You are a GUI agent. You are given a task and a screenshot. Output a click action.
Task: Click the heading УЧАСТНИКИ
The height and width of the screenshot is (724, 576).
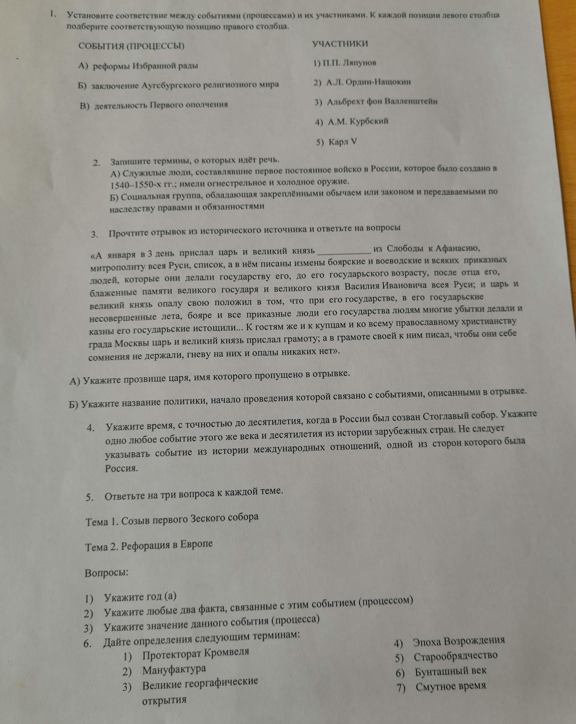[x=340, y=44]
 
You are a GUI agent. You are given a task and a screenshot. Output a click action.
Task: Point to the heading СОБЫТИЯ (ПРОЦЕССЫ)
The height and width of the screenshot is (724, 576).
[x=132, y=46]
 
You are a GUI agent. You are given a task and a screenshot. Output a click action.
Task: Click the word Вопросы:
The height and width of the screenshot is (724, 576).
[x=107, y=572]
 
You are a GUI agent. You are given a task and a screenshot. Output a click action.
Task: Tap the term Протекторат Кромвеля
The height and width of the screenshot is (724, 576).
[x=195, y=653]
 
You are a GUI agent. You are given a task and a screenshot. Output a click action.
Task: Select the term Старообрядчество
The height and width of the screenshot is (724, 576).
[x=455, y=655]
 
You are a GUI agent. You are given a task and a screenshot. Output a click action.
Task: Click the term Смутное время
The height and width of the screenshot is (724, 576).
[x=451, y=686]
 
